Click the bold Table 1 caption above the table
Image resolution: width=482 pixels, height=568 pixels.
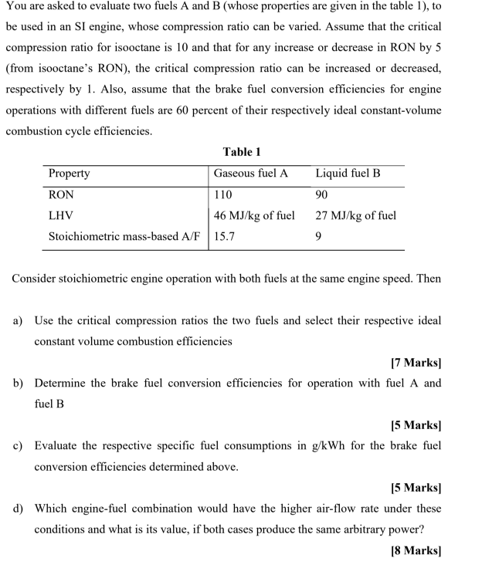point(241,152)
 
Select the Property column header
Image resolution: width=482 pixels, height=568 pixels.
point(69,174)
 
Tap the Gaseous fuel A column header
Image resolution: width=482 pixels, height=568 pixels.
point(250,174)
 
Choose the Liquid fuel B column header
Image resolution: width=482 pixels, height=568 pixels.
point(348,174)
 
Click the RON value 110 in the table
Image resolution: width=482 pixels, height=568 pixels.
point(222,195)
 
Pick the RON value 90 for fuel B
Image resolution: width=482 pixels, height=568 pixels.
point(322,195)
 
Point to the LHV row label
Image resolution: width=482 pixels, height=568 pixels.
point(61,216)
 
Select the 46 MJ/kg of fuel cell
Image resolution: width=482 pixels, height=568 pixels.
point(254,216)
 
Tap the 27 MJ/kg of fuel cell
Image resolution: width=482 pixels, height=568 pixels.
point(355,216)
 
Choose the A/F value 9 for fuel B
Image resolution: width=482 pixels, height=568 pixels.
point(318,237)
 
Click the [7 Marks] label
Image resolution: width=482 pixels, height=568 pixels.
point(416,362)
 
